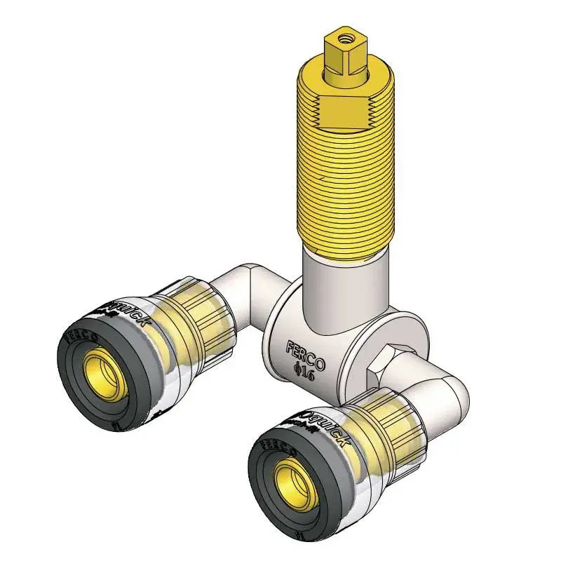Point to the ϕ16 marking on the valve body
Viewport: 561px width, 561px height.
click(x=303, y=374)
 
